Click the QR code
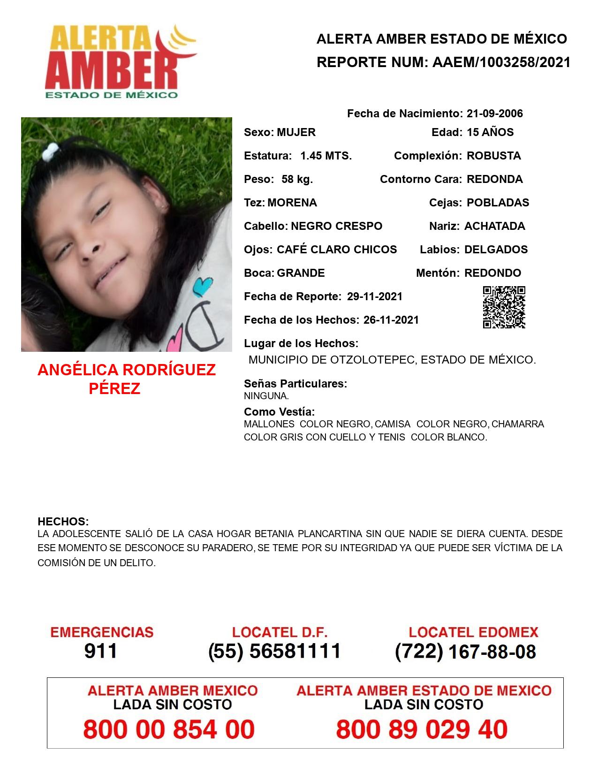tap(504, 307)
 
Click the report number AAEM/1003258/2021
tap(501, 62)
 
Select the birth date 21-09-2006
tap(494, 114)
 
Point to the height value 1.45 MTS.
tap(326, 156)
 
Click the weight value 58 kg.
tap(297, 179)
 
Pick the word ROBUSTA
tap(493, 156)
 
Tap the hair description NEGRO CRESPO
tap(336, 226)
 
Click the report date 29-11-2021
tap(374, 296)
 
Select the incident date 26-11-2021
tap(391, 320)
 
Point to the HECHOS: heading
tap(63, 522)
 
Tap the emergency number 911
tap(101, 651)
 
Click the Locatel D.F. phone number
tap(274, 651)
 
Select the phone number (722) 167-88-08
tap(465, 652)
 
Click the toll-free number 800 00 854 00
tap(169, 729)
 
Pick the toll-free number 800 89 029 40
tap(422, 729)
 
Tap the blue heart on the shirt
tap(202, 287)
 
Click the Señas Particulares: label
tap(295, 384)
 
